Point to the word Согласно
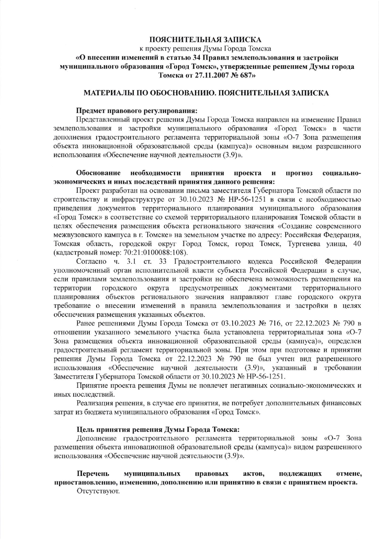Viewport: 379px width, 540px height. (92, 262)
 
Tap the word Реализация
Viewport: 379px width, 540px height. (95, 402)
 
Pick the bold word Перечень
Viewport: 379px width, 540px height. (93, 474)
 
